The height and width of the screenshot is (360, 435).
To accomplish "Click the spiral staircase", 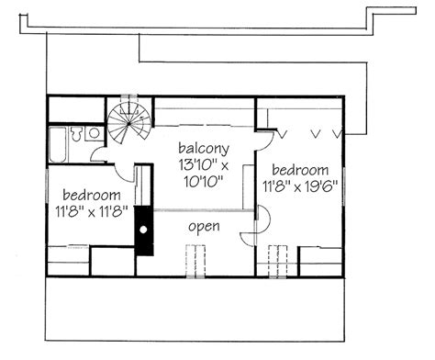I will tap(128, 122).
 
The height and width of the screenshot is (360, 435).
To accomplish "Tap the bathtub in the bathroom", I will tap(57, 145).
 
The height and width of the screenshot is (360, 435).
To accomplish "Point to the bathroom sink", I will tap(93, 133).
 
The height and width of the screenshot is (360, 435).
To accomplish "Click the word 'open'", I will tap(203, 226).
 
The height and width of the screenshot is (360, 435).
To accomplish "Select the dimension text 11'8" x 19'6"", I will tap(299, 185).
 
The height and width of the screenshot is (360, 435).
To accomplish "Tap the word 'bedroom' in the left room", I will tap(92, 195).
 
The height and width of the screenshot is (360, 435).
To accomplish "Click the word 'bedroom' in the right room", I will tap(300, 170).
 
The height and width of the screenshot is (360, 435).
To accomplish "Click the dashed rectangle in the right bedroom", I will tap(277, 261).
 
